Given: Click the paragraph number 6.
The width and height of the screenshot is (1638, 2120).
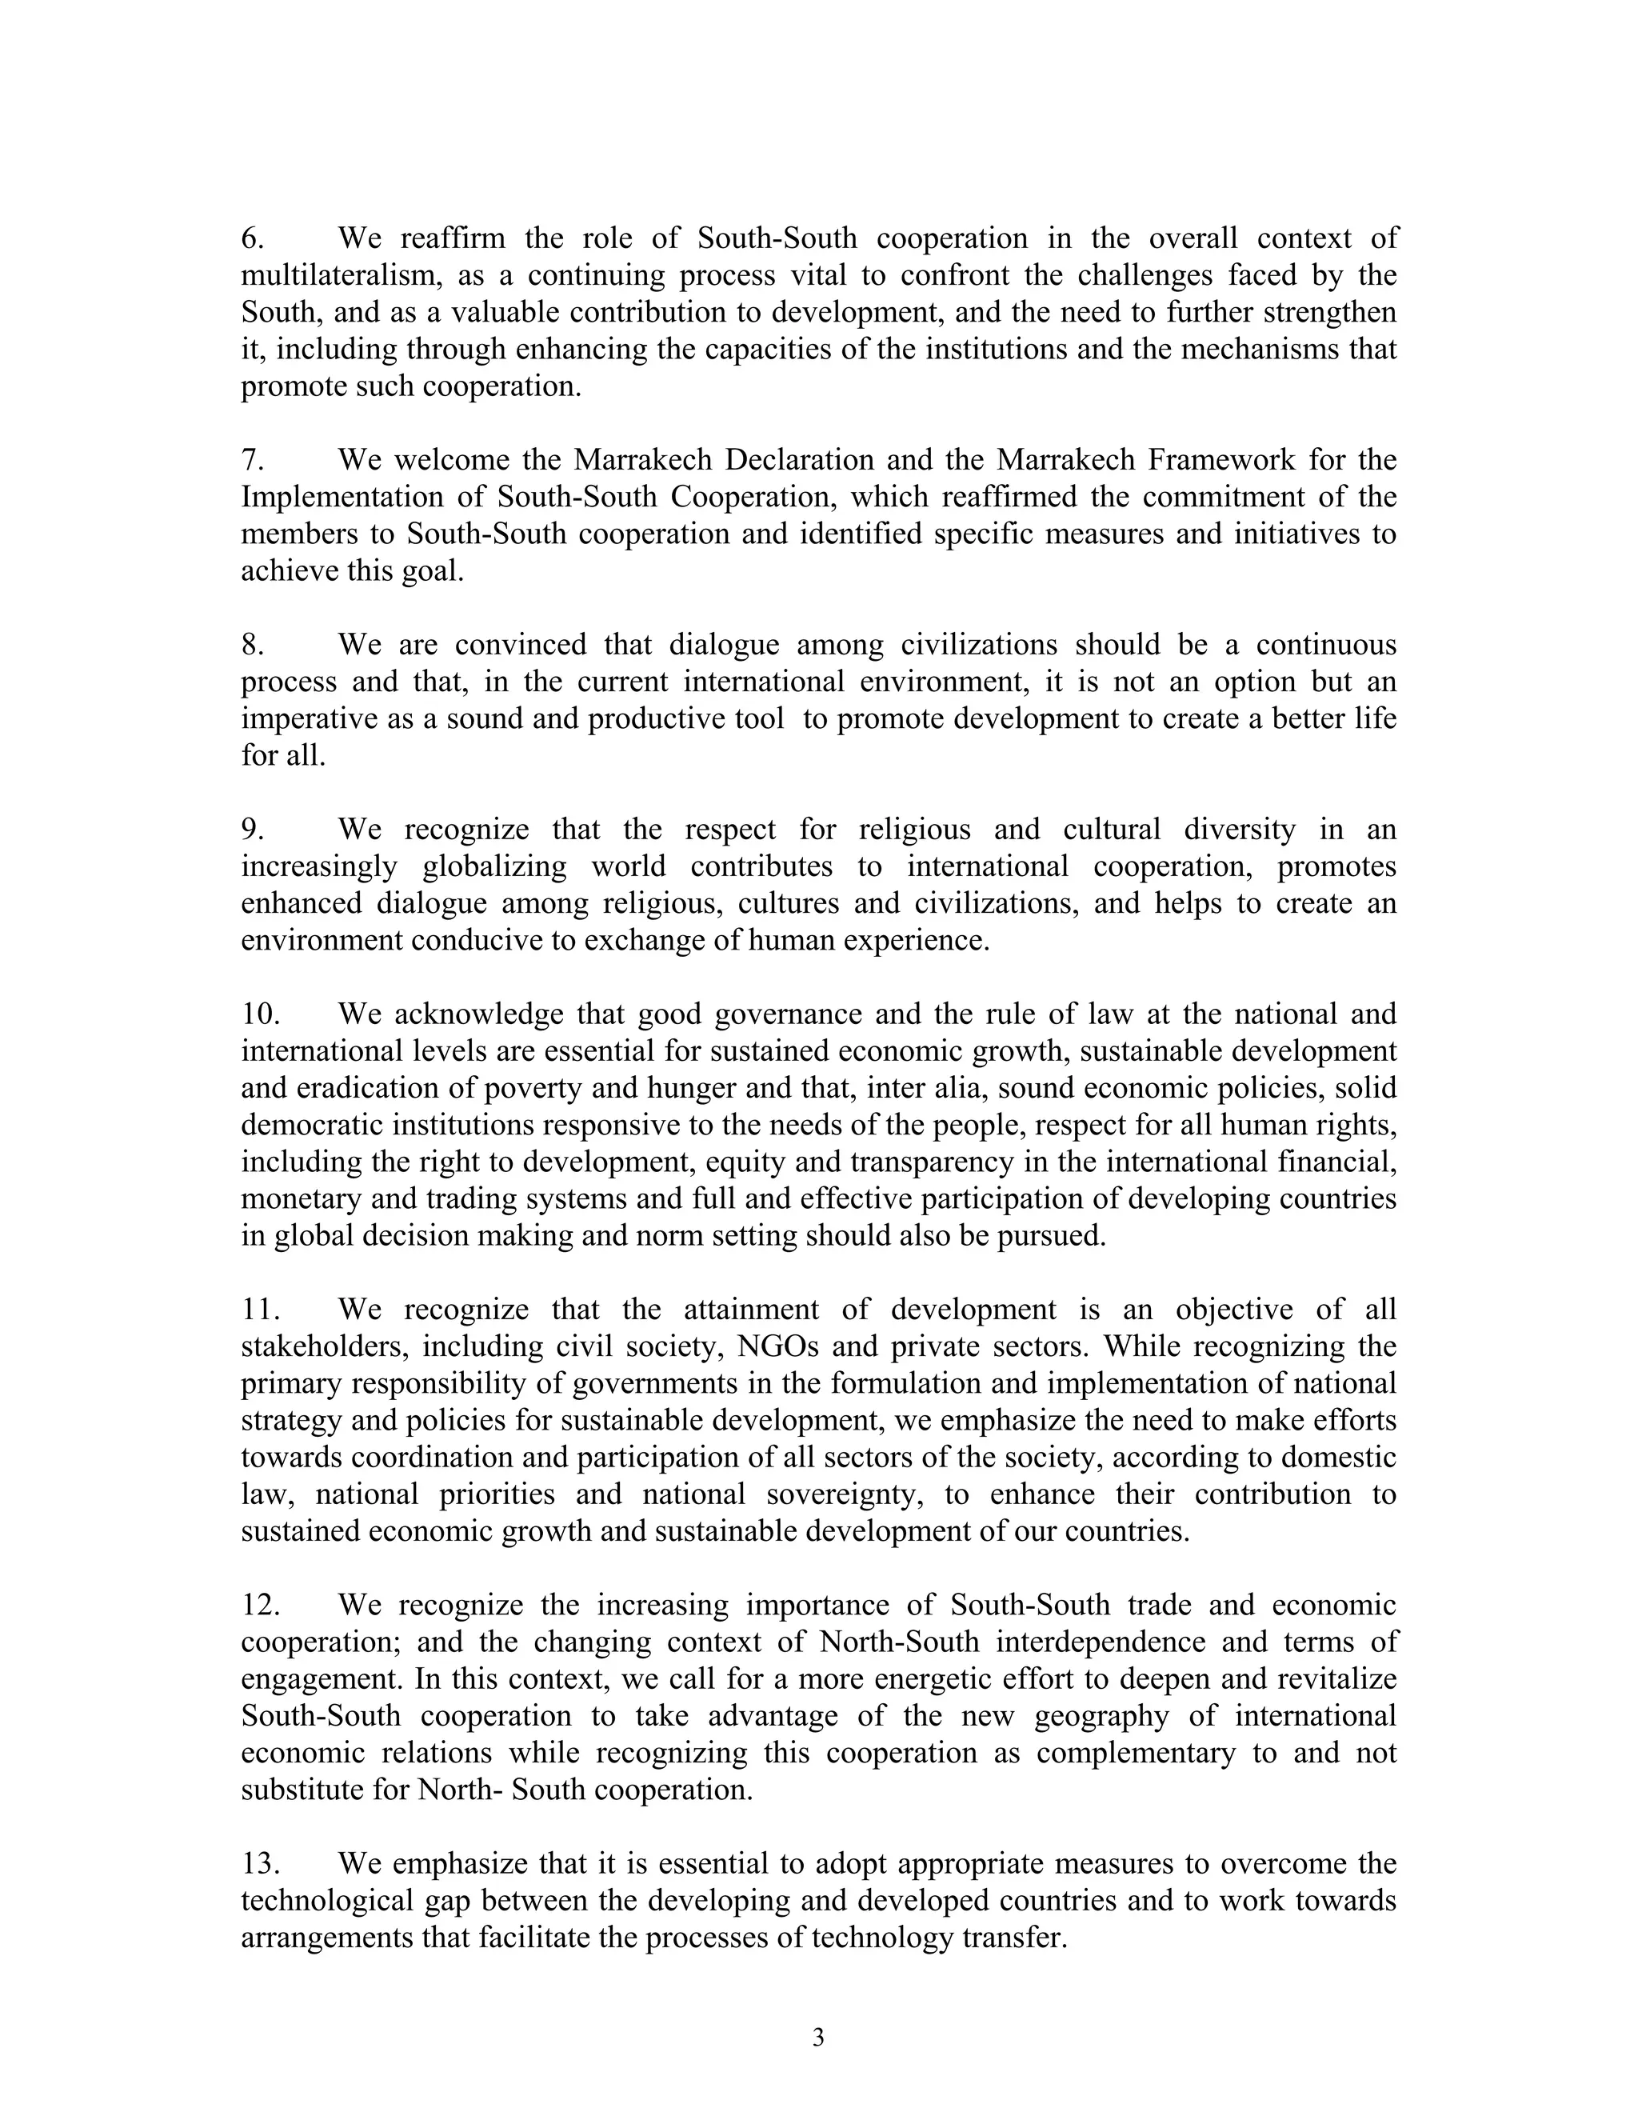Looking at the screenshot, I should point(252,238).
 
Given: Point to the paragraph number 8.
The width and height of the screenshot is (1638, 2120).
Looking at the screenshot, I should point(252,645).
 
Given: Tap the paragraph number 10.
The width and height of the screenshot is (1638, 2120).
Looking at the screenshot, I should point(260,1014).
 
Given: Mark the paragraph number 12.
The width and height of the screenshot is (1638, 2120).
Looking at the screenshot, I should point(260,1606).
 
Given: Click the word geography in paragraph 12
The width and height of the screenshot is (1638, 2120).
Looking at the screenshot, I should point(1101,1716).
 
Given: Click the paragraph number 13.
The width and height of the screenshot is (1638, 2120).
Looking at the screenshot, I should point(260,1864).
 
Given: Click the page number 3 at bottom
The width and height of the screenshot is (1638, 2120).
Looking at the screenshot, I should point(818,2038).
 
